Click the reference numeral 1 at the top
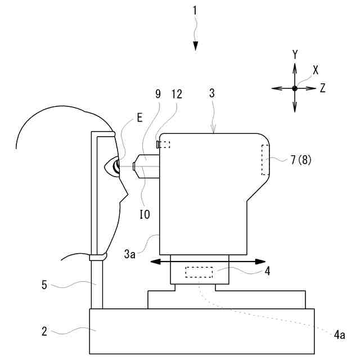195,10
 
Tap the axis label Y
295,54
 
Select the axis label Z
322,88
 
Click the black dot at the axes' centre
295,88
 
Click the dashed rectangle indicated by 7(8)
265,159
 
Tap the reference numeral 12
177,94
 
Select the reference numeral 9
158,94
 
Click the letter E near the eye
139,118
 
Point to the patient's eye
116,166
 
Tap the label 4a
339,336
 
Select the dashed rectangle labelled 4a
200,273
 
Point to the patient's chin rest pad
98,257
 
